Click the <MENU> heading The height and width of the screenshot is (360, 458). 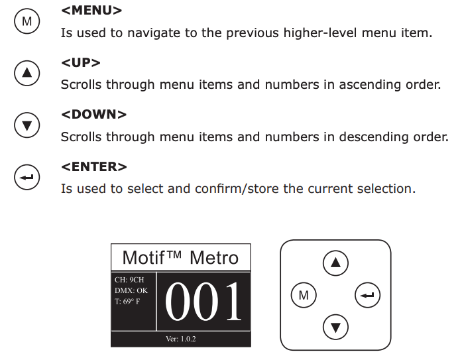[91, 11]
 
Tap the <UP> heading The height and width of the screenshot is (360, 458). [81, 63]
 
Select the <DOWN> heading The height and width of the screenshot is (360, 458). [93, 115]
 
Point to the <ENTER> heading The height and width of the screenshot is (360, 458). [94, 166]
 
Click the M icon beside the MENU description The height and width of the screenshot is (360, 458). [27, 22]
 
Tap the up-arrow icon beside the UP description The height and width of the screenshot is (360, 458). [27, 73]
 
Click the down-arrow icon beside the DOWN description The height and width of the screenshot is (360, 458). [27, 125]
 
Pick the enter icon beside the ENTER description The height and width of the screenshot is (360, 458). [27, 177]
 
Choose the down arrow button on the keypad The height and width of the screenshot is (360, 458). [335, 326]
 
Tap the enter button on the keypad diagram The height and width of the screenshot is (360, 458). [367, 295]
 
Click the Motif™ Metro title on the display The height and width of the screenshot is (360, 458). [180, 257]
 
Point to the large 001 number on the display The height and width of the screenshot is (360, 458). [204, 302]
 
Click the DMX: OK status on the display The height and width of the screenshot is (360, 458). [131, 290]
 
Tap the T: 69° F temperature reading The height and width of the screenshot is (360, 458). [127, 301]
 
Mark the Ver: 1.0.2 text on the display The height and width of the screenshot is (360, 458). [180, 339]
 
